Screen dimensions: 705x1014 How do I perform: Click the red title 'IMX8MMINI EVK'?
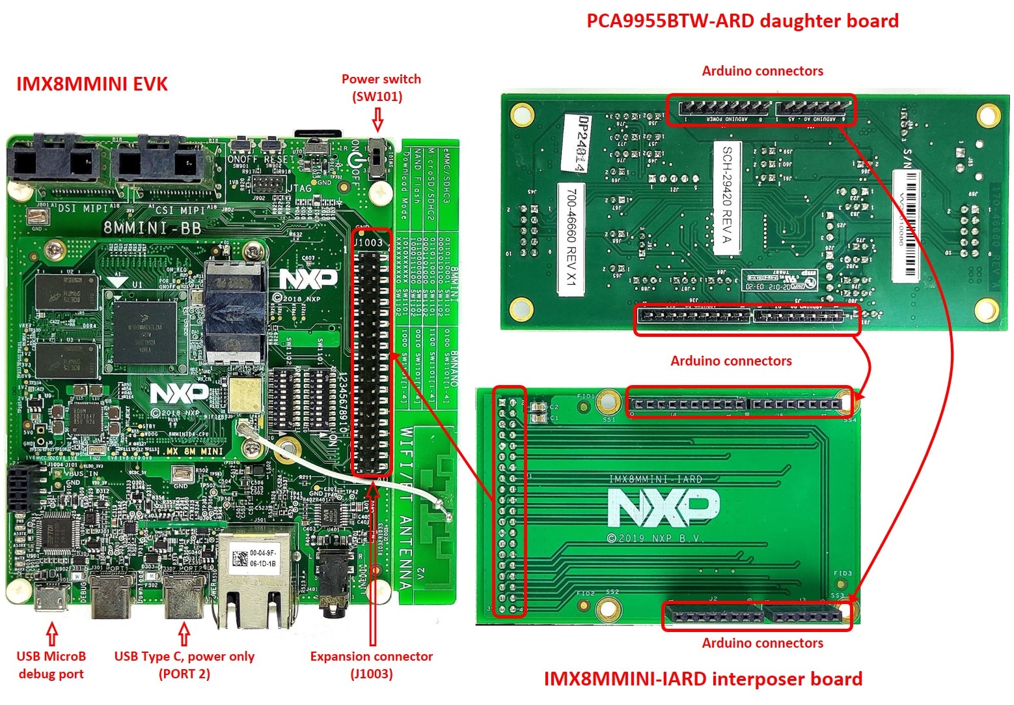coord(92,84)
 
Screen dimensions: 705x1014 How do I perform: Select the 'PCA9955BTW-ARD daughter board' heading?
coord(742,21)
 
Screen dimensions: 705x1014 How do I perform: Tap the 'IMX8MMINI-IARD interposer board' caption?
coord(703,679)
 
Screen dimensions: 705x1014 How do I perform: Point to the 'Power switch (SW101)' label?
coord(381,87)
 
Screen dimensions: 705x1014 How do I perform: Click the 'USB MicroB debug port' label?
coord(51,665)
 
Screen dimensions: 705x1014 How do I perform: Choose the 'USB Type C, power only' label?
coord(184,657)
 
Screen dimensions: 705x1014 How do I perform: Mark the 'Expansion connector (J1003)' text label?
coord(371,665)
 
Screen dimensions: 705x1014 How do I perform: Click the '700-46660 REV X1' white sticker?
coord(571,238)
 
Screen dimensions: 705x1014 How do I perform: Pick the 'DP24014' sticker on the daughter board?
coord(575,143)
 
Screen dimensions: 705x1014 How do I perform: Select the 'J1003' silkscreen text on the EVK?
coord(368,242)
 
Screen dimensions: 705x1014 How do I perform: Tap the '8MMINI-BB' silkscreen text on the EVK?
coord(152,228)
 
